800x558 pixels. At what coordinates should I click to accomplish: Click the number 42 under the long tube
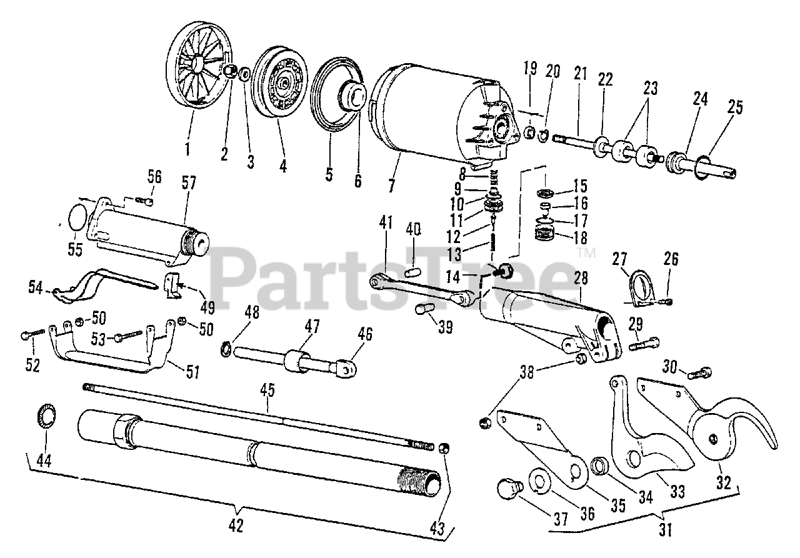[x=236, y=526]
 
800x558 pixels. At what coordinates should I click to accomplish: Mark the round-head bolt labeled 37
[x=508, y=489]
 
